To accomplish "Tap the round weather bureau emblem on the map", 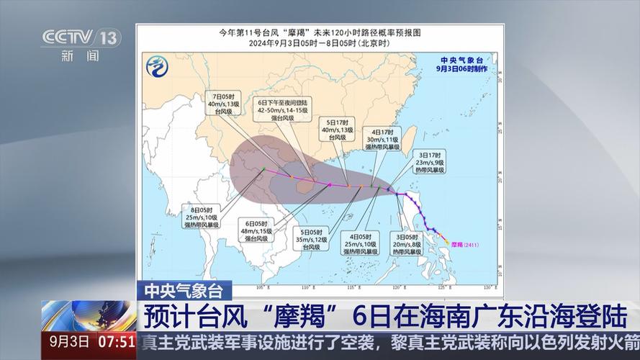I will tap(158, 68).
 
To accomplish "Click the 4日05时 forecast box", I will tap(360, 244).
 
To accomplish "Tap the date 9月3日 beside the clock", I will tap(69, 339).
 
